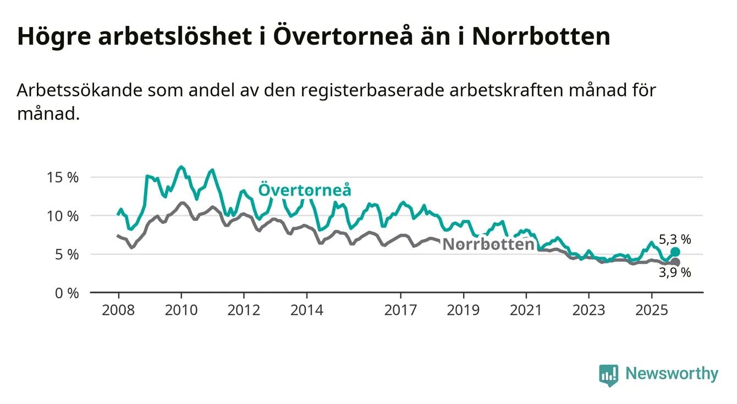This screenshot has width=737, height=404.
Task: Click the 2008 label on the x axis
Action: pyautogui.click(x=118, y=310)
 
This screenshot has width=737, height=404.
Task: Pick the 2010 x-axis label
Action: pyautogui.click(x=181, y=310)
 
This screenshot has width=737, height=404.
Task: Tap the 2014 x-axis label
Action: pyautogui.click(x=307, y=310)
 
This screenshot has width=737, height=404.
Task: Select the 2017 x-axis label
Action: pyautogui.click(x=401, y=310)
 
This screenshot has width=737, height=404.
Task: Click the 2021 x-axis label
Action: pyautogui.click(x=526, y=310)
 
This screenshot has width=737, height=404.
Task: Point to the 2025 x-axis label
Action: pyautogui.click(x=652, y=310)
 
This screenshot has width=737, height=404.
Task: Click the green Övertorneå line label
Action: pyautogui.click(x=305, y=190)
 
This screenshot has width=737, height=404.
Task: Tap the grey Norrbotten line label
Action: pyautogui.click(x=488, y=244)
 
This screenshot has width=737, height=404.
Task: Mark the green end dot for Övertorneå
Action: pyautogui.click(x=675, y=252)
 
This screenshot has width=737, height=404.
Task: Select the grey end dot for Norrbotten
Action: pyautogui.click(x=675, y=263)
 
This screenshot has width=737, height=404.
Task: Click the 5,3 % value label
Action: pyautogui.click(x=675, y=239)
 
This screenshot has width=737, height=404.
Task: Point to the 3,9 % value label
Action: pyautogui.click(x=675, y=273)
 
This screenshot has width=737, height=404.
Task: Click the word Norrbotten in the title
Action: pyautogui.click(x=541, y=37)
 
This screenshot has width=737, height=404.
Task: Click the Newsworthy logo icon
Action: pyautogui.click(x=608, y=375)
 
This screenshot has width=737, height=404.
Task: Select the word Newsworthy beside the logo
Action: pyautogui.click(x=672, y=374)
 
